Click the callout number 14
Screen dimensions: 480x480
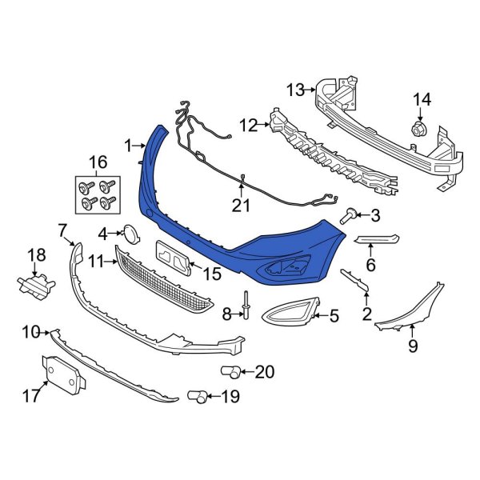(421, 99)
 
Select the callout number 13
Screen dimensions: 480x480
(296, 90)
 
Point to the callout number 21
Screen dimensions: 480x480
(242, 206)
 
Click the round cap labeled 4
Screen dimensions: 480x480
(130, 233)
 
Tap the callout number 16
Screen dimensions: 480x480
(97, 163)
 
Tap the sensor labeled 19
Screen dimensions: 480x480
(198, 394)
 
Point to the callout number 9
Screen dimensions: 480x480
(413, 346)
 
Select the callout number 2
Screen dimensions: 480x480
(366, 314)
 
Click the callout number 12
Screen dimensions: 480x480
(249, 125)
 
